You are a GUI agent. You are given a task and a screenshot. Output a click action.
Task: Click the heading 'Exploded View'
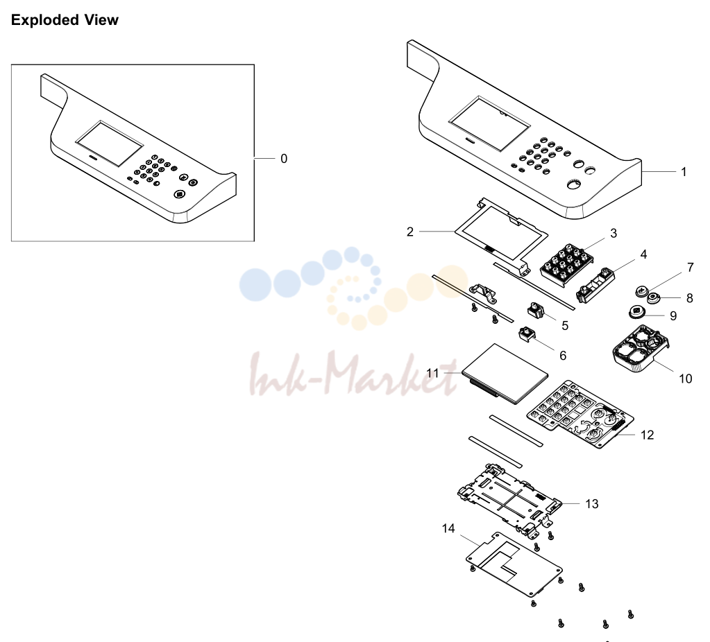65,20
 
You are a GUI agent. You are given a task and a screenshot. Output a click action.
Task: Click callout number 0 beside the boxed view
284,159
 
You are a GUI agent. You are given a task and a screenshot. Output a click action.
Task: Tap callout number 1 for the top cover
684,172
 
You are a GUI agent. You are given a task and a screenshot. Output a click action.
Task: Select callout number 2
409,232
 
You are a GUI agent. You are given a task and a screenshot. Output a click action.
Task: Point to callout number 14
448,528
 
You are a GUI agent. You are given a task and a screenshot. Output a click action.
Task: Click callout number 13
592,503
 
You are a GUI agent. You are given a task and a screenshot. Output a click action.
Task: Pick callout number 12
647,435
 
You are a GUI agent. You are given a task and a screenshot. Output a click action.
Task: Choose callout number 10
686,379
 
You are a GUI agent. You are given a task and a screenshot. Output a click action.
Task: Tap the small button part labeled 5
535,311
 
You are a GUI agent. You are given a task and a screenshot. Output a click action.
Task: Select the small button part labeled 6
527,335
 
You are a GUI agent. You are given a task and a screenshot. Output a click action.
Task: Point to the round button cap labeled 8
653,298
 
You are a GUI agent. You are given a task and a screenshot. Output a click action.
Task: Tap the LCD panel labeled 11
505,374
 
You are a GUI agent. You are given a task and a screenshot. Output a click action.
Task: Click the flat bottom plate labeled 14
514,564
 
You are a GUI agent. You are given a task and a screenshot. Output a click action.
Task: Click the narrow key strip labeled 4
595,285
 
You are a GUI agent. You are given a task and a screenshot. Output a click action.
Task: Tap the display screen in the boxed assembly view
110,144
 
